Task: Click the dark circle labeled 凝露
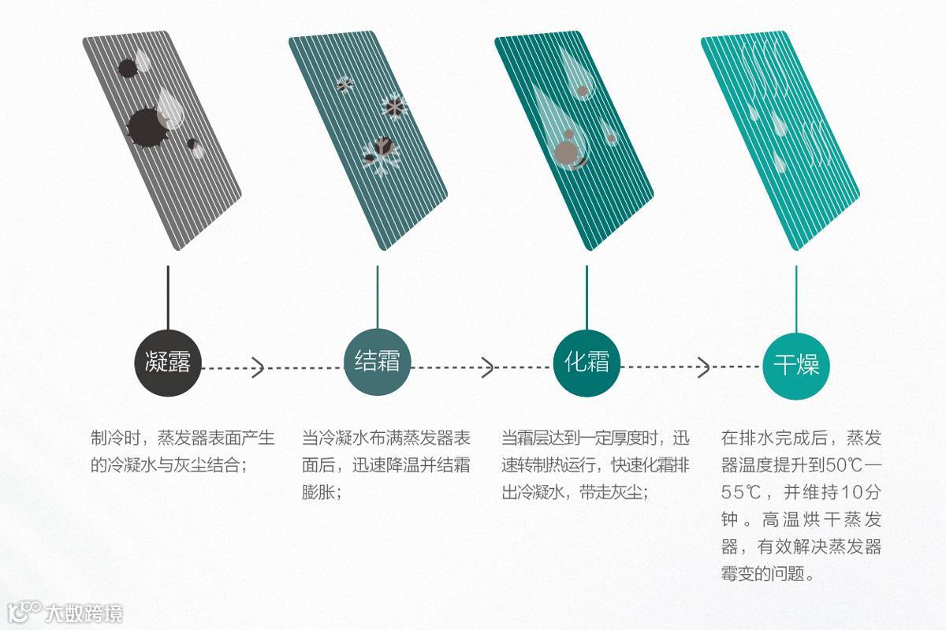point(168,363)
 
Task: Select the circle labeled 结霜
point(378,363)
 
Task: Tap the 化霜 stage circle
point(587,363)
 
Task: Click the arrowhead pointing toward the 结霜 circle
point(258,367)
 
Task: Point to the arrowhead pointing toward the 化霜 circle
point(487,367)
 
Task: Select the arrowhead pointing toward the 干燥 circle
point(703,367)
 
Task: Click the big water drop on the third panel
point(561,130)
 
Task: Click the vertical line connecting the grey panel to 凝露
point(168,296)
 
